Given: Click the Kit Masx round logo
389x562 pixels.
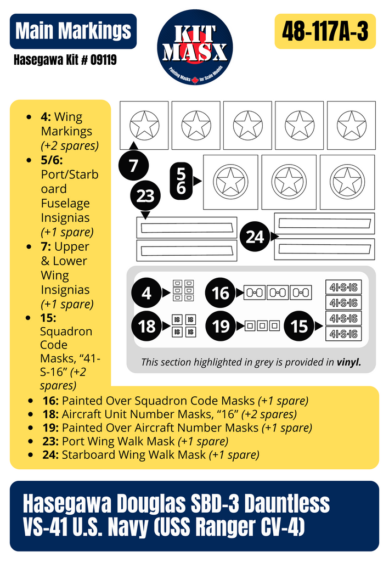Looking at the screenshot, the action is [x=195, y=47].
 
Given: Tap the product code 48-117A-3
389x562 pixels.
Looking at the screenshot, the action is [x=325, y=31].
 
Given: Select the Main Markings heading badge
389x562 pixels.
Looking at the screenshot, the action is [x=73, y=31].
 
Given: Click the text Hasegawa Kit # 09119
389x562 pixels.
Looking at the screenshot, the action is [x=65, y=60].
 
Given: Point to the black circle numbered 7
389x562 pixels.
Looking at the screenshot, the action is [x=134, y=165].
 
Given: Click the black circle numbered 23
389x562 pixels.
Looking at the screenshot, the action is [x=145, y=196].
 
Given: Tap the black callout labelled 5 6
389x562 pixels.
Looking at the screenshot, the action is [x=181, y=181].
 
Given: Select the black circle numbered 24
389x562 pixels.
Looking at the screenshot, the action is [x=255, y=237].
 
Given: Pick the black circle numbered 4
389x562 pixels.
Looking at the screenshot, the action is [x=146, y=293].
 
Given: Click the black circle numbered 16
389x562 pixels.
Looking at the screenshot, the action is [x=221, y=293].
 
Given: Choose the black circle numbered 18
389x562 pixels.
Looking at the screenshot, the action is [x=146, y=326].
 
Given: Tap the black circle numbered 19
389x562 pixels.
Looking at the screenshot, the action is [x=221, y=326].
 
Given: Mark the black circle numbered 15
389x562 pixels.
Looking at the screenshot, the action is [x=299, y=326].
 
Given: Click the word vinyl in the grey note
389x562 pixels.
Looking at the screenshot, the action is [x=348, y=362].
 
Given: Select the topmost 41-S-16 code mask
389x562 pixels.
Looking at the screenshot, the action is [x=343, y=287].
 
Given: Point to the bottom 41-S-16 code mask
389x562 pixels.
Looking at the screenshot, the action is [x=343, y=334].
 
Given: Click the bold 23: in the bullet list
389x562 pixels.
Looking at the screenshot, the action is [x=50, y=441].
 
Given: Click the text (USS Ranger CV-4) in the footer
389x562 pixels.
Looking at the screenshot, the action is [x=229, y=526].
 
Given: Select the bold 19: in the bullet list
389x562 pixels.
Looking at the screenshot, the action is [x=50, y=428].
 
